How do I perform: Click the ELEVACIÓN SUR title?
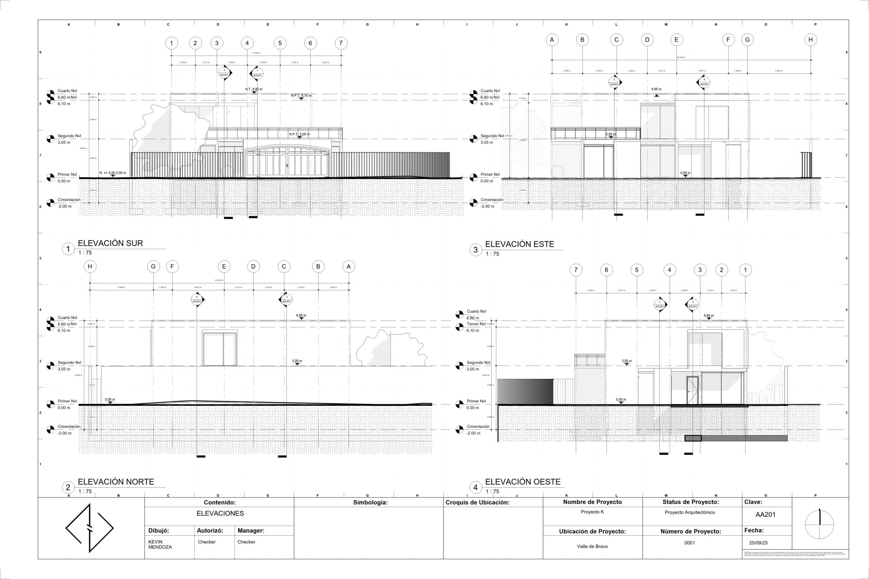point(110,243)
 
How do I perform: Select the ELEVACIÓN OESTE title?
point(522,482)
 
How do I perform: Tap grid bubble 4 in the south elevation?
point(247,43)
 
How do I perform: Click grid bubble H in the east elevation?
point(811,40)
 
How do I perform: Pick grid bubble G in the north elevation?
point(153,267)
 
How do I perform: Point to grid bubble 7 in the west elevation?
point(576,270)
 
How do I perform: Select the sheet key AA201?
point(765,514)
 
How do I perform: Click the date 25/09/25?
point(758,543)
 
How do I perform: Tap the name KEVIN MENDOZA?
point(160,544)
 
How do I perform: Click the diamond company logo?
point(89,528)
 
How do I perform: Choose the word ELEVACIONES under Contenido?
point(220,513)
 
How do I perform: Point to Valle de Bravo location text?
point(592,546)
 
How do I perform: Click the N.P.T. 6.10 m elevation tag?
point(301,96)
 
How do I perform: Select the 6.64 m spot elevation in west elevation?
point(709,316)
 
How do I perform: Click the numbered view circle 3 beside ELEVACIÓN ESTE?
point(476,250)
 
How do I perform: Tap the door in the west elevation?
point(692,390)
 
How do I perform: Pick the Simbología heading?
point(370,502)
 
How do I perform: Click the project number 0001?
point(689,543)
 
